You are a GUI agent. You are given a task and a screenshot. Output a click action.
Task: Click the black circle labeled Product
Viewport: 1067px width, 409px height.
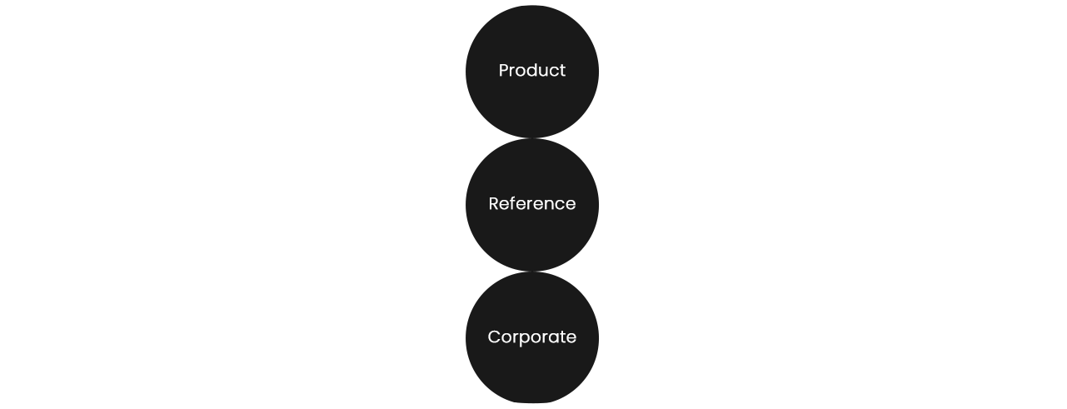coord(532,72)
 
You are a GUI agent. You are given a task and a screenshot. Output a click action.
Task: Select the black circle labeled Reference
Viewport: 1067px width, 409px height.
coord(532,205)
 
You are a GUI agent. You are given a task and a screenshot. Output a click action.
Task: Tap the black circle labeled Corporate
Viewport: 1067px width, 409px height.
coord(532,338)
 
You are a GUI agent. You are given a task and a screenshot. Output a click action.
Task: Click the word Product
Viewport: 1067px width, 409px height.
coord(532,71)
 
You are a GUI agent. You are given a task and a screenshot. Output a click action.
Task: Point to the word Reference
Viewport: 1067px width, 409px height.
coord(532,204)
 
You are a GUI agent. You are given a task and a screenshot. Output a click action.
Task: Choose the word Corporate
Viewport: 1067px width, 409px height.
coord(532,337)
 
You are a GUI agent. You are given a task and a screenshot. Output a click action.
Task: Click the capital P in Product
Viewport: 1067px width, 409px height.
coord(504,71)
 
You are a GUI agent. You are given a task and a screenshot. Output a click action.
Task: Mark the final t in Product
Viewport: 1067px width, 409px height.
coord(562,71)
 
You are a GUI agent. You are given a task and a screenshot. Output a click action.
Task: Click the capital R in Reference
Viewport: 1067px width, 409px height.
coord(494,204)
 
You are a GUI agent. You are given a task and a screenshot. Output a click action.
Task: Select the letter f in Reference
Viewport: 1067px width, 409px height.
coord(514,203)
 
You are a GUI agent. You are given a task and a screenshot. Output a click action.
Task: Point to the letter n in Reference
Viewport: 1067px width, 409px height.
coord(548,206)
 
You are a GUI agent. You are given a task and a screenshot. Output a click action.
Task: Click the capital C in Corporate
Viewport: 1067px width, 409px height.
coord(494,337)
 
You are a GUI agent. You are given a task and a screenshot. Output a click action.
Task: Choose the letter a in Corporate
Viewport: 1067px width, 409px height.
coord(555,339)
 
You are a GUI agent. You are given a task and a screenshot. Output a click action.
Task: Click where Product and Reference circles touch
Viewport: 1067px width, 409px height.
coord(532,138)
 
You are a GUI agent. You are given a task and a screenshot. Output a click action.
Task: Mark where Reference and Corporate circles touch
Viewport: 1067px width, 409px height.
coord(532,272)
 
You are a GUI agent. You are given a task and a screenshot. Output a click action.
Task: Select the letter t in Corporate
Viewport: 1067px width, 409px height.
coord(563,337)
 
